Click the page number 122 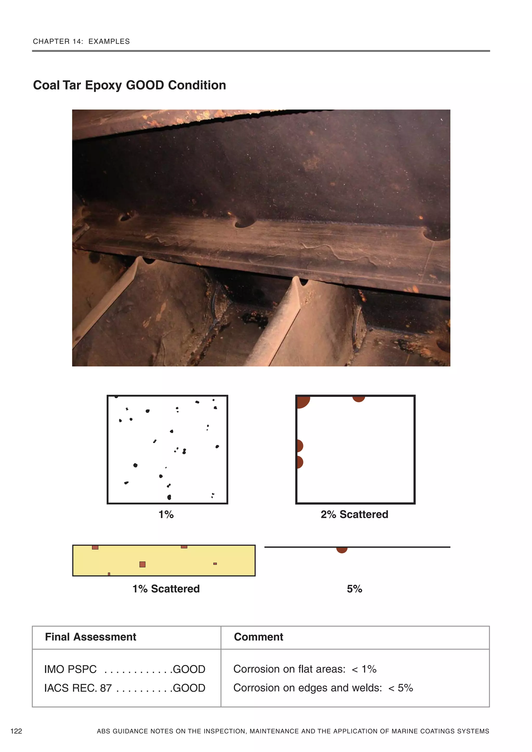(16, 731)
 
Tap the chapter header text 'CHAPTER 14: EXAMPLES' (81, 42)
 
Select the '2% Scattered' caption (354, 514)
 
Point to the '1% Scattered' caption (166, 589)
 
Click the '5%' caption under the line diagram (354, 589)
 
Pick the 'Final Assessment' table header (90, 637)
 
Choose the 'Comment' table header (258, 637)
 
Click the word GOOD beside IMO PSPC (189, 669)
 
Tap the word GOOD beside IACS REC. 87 (189, 688)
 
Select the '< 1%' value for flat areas (364, 669)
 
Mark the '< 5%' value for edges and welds (401, 688)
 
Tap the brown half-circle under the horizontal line (342, 550)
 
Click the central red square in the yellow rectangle (142, 564)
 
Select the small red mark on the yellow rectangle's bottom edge (109, 574)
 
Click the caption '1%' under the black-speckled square (166, 514)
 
